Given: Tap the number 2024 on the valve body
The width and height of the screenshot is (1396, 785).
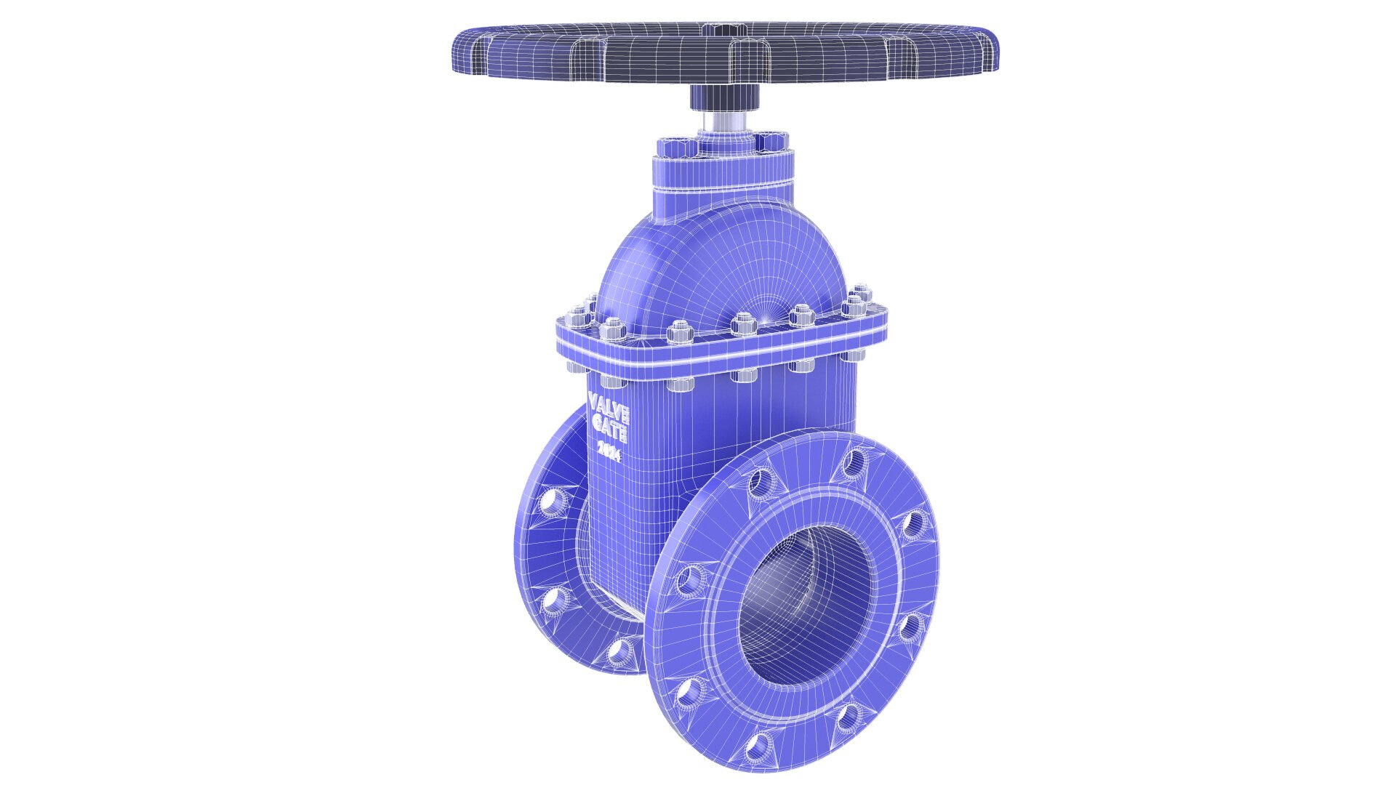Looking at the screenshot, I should click(609, 451).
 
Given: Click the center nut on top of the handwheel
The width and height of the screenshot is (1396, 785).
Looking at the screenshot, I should click(715, 29).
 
